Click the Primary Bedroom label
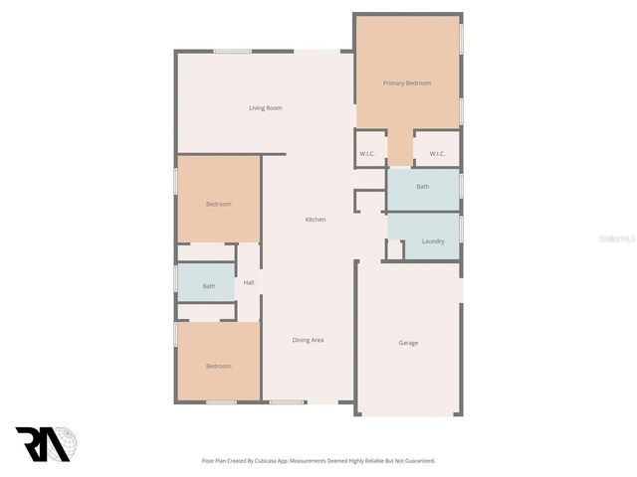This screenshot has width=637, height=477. (x=407, y=82)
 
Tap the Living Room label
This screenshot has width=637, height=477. (x=266, y=107)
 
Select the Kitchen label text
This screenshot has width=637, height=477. (x=316, y=219)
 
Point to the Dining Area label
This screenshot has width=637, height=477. (x=308, y=340)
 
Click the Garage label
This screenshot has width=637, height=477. (x=408, y=343)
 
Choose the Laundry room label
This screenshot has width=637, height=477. (x=433, y=241)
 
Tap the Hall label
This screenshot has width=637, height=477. (x=249, y=283)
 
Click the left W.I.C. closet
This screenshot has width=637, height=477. (x=367, y=154)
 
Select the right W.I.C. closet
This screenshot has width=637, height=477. (x=437, y=154)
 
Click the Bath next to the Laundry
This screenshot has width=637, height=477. (x=423, y=187)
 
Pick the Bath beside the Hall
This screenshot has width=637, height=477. (x=209, y=286)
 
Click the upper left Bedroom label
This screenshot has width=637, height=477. (x=219, y=204)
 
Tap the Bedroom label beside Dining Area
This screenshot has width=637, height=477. (x=219, y=366)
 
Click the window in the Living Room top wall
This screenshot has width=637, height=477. (x=232, y=52)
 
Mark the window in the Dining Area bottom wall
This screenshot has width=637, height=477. (x=288, y=402)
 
